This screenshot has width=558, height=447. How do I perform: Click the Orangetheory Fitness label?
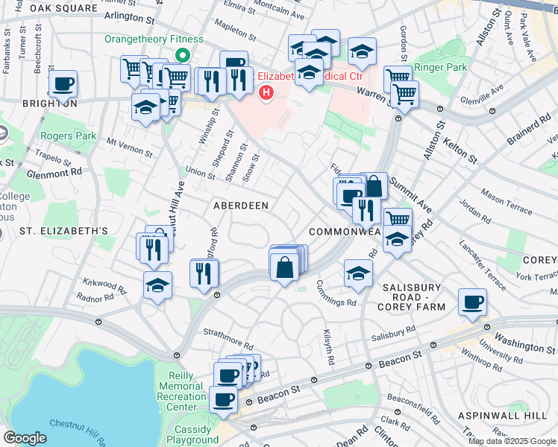[154, 39]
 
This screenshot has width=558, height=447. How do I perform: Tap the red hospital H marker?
[265, 92]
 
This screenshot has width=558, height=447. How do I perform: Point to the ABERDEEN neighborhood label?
[240, 205]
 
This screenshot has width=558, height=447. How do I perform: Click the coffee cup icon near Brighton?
[63, 83]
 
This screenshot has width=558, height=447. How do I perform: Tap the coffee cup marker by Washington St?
[472, 302]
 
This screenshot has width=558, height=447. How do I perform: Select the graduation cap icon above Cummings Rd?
[358, 273]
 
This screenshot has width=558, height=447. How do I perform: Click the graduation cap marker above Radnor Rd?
[157, 285]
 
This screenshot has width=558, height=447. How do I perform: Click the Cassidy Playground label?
[192, 434]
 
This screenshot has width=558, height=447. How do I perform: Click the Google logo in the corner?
[25, 438]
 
